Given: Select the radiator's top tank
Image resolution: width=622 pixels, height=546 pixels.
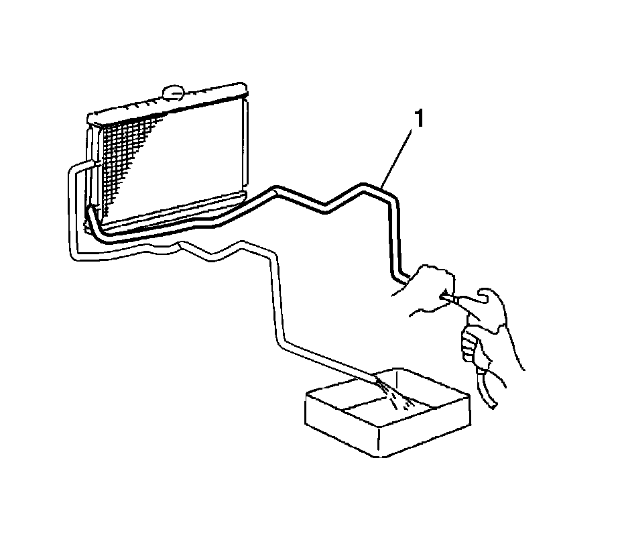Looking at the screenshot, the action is point(168,104).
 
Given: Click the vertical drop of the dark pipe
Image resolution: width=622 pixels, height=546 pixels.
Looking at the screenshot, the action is point(393,235).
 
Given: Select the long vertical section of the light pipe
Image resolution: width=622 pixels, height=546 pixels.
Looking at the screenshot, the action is point(275,295).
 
